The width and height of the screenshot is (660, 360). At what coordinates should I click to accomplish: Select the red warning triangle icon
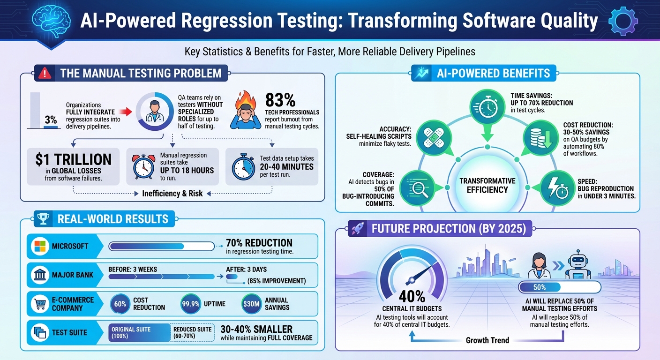[x=45, y=74]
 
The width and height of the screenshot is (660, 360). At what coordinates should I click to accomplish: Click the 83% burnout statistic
[x=280, y=100]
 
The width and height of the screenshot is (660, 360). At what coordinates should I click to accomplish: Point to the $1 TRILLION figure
[x=74, y=159]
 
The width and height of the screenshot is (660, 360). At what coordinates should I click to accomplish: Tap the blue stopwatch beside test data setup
[x=243, y=166]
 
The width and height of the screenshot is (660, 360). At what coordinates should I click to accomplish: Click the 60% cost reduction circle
[x=120, y=304]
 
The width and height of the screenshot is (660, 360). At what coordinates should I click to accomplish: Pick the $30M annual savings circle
[x=252, y=304]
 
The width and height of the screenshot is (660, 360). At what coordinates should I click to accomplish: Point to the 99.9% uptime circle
[x=191, y=304]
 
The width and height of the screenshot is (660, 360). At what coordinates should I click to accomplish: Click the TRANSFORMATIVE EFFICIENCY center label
[x=487, y=186]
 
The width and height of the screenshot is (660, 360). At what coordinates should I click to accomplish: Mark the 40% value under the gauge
[x=412, y=296]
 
